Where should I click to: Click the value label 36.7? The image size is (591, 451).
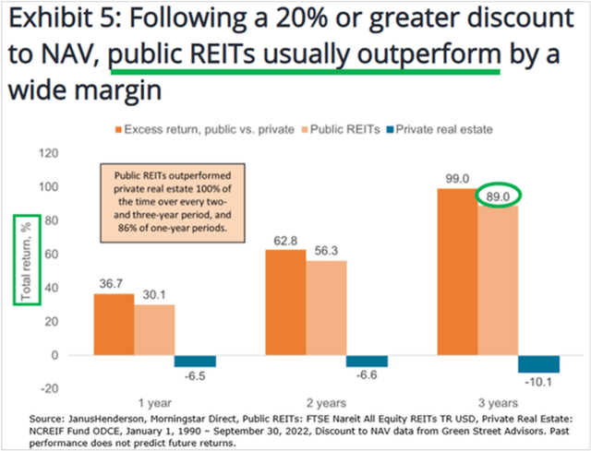tap(114, 285)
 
